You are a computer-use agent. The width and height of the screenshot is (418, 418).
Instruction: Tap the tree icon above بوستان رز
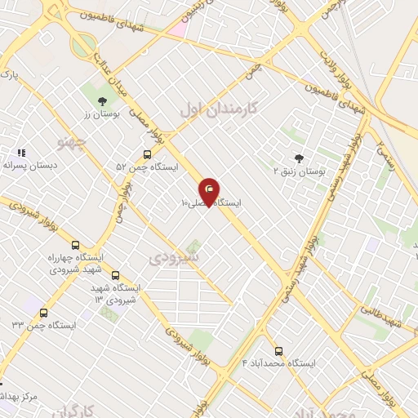(x=102, y=101)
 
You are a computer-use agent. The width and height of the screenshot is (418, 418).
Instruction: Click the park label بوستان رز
(x=103, y=115)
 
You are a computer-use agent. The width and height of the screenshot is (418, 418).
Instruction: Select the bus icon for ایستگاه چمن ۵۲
(x=147, y=154)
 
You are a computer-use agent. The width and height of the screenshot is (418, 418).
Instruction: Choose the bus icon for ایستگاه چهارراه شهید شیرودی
(x=76, y=244)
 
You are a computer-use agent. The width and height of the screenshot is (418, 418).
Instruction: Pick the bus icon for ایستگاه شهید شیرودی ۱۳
(x=115, y=275)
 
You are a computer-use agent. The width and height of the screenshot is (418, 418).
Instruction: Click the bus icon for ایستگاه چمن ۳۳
(x=43, y=312)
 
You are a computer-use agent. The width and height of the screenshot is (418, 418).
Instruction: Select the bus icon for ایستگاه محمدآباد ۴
(x=278, y=350)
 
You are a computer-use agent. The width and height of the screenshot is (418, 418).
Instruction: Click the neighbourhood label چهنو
(x=70, y=142)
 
